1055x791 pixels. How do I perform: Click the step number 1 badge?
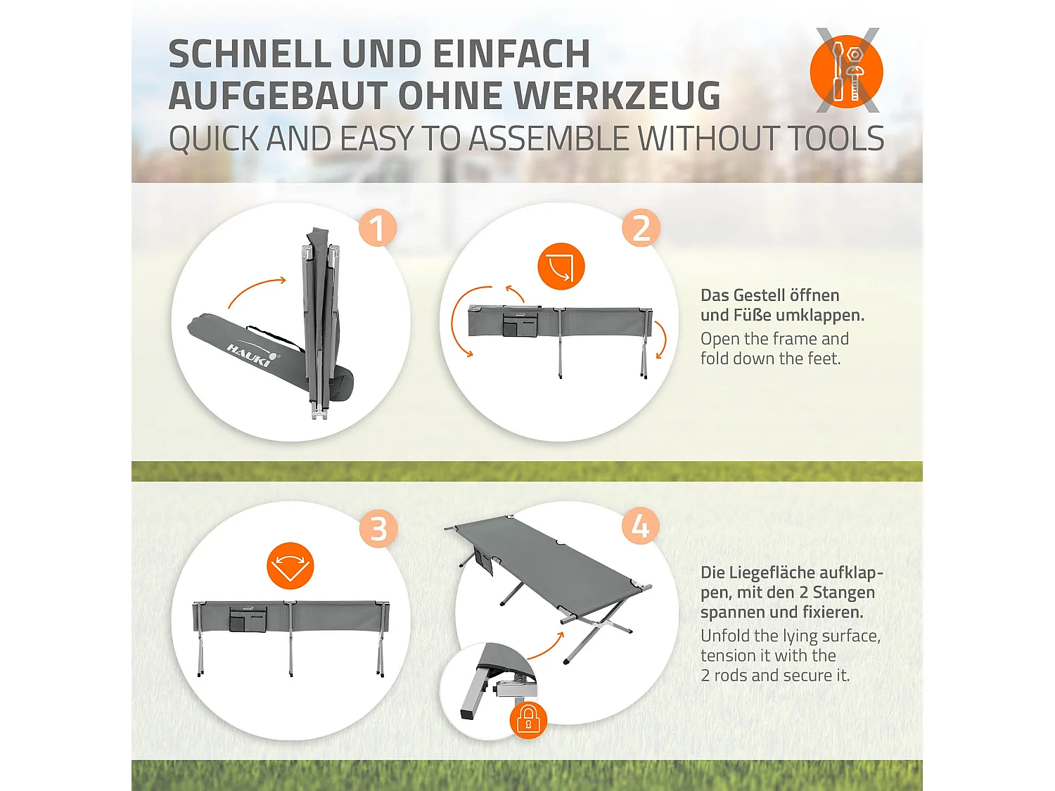click(378, 228)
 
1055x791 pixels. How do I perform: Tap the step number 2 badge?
click(641, 228)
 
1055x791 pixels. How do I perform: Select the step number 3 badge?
click(378, 529)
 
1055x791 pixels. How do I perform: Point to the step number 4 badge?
click(641, 526)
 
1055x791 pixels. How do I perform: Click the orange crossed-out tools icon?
click(847, 71)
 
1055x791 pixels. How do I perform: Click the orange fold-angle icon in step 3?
click(290, 566)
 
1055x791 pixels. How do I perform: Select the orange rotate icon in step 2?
click(561, 266)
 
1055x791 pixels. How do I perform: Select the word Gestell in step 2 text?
click(763, 295)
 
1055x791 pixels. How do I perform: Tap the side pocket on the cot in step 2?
click(521, 324)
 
